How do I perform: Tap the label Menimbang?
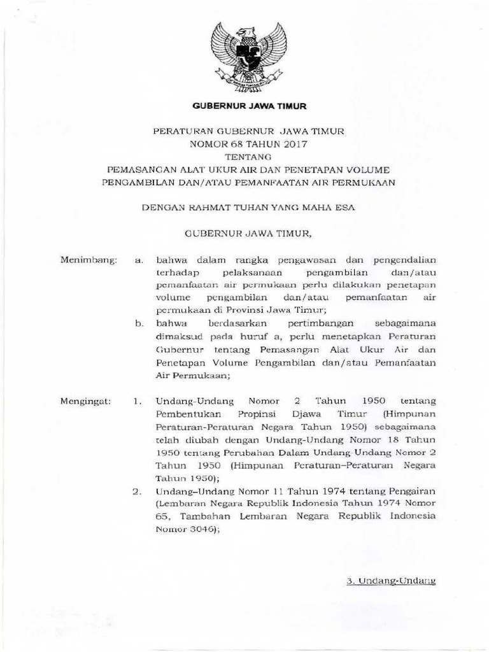tap(87, 260)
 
